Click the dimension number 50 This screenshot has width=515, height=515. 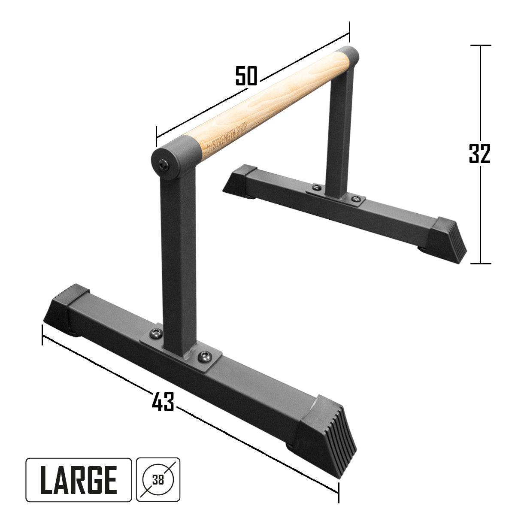(x=246, y=76)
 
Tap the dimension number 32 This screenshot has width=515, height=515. (x=479, y=153)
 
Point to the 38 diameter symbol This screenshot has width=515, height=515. (x=158, y=479)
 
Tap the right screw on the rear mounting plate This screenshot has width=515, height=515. (x=354, y=198)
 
